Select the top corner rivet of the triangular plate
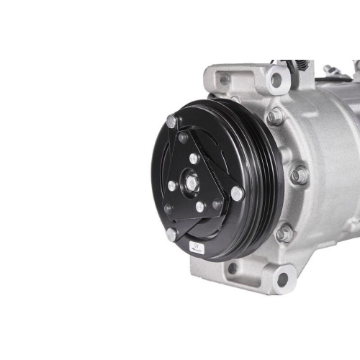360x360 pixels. tap(171, 121)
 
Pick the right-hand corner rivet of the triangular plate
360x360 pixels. tap(237, 193)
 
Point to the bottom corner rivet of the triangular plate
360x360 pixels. tap(171, 234)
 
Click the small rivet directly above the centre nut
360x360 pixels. tap(194, 158)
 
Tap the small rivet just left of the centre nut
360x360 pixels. tap(172, 185)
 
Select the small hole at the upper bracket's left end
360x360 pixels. tap(225, 79)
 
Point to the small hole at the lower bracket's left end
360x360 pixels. tap(232, 269)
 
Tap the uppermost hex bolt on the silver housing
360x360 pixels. tap(275, 117)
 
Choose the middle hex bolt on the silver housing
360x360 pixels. tap(299, 175)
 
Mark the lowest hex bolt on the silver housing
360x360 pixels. tap(285, 233)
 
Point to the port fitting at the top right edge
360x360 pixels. tap(333, 70)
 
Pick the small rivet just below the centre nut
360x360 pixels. tap(199, 207)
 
